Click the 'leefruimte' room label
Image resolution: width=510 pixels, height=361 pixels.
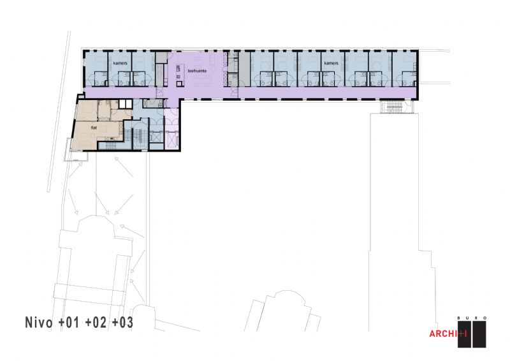tap(197, 71)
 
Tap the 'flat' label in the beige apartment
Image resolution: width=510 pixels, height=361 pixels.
tap(94, 128)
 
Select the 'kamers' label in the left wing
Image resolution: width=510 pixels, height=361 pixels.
tap(120, 63)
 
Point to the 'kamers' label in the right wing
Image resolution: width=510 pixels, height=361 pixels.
tap(331, 63)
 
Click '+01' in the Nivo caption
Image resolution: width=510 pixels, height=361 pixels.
tap(69, 322)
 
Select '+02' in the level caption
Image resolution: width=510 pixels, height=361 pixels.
tap(96, 322)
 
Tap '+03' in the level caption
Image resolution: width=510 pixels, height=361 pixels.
tap(122, 322)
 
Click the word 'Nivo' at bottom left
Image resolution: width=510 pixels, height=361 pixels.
tap(39, 322)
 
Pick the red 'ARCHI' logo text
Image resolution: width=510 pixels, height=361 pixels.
tap(444, 334)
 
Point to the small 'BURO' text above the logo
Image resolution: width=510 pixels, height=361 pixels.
tap(472, 318)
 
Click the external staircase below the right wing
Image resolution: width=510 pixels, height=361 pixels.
tap(394, 107)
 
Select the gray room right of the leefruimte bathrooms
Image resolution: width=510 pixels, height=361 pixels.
tap(244, 69)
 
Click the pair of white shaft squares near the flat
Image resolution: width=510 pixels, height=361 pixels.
tap(125, 104)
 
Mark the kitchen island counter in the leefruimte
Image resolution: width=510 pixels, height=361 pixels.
tap(178, 75)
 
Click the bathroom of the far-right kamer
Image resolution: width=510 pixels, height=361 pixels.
tap(409, 78)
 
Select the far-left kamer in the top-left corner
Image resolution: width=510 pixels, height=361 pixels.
tap(96, 69)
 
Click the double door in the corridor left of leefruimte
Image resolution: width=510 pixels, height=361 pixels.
tap(161, 92)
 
